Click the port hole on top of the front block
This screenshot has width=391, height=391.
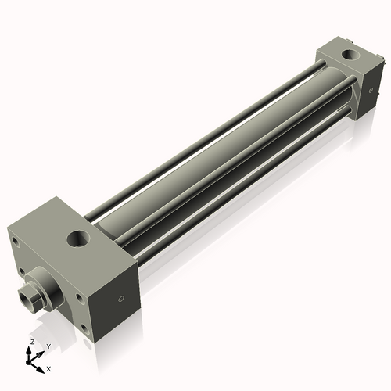click(x=80, y=235)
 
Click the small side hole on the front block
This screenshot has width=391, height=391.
click(x=120, y=299)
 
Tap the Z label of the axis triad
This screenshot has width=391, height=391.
click(x=31, y=343)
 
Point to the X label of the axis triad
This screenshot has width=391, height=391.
click(x=49, y=368)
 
